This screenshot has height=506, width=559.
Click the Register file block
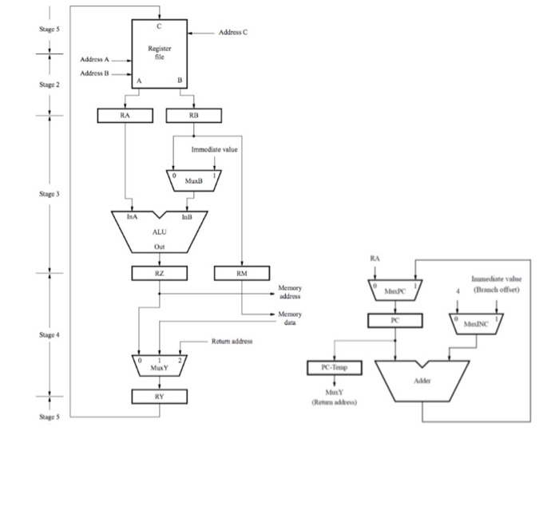pos(160,52)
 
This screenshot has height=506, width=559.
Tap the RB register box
pos(194,117)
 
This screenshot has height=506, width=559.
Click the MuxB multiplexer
pos(193,180)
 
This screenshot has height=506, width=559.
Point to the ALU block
pos(159,232)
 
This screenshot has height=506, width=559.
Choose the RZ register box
pos(160,274)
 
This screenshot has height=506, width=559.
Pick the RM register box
pos(241,274)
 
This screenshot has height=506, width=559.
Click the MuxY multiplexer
pos(159,366)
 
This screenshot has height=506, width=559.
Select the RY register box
pos(159,395)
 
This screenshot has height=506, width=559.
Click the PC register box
pos(395,321)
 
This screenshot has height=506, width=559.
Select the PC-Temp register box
pos(335,368)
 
